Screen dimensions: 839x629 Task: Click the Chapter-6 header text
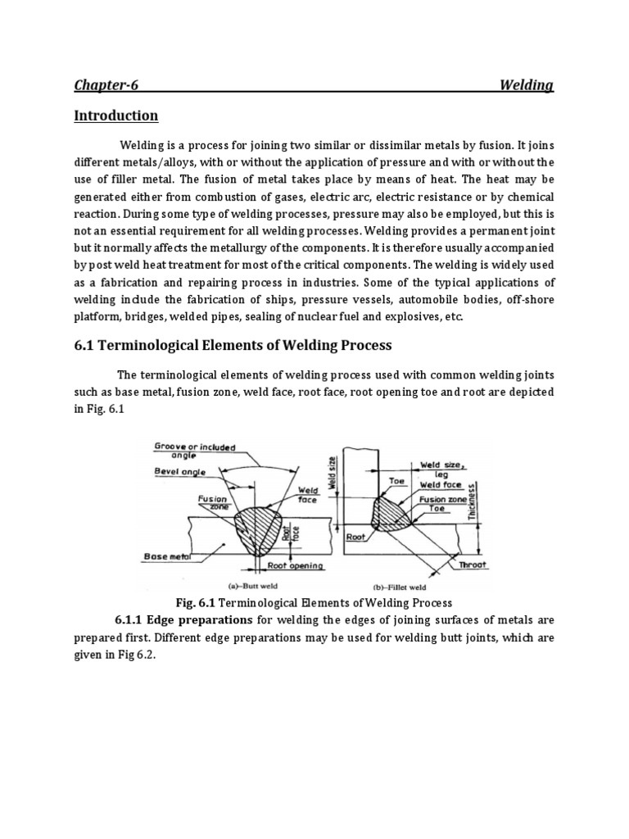[x=102, y=85]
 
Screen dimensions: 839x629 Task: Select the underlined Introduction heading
[x=115, y=116]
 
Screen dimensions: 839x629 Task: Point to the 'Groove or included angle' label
[x=194, y=451]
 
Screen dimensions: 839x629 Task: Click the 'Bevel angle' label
[x=179, y=472]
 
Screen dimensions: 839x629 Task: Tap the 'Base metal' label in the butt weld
[x=168, y=556]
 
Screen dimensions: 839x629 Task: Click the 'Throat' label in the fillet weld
[x=473, y=565]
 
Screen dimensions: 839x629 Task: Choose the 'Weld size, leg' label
[x=442, y=469]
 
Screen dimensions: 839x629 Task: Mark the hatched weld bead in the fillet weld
[x=391, y=514]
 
